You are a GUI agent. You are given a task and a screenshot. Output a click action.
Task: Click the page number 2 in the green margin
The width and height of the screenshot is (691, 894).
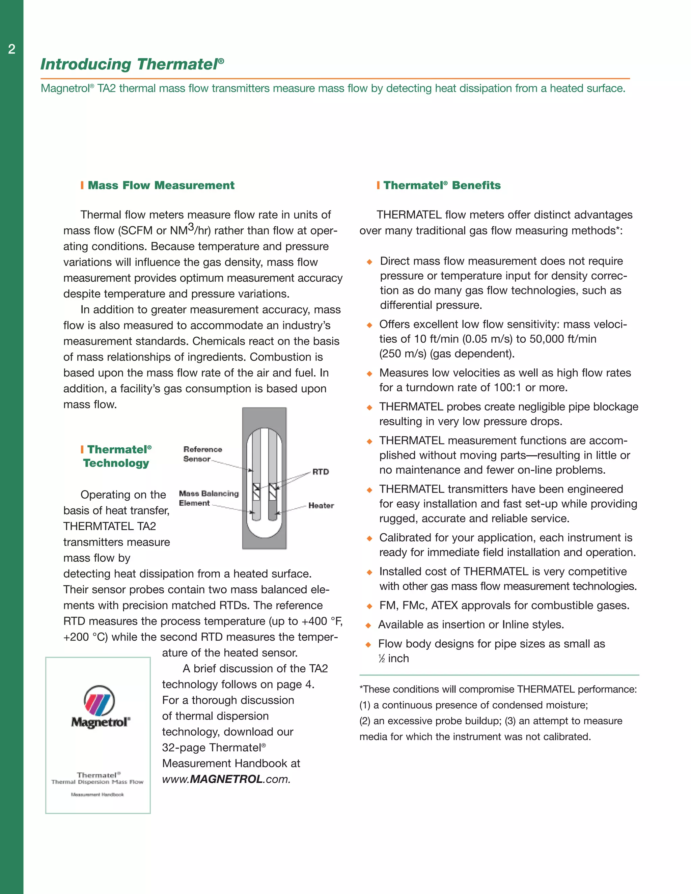[11, 50]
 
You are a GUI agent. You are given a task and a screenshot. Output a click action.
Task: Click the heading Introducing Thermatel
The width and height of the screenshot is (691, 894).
[132, 64]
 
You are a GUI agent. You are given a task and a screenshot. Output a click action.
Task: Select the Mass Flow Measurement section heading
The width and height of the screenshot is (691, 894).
[161, 186]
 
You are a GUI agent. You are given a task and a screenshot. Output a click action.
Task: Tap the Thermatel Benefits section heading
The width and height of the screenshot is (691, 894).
[442, 186]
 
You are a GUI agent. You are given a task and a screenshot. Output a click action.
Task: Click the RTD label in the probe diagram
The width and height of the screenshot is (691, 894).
[321, 472]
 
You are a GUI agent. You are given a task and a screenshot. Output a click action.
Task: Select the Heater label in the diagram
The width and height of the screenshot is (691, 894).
[321, 506]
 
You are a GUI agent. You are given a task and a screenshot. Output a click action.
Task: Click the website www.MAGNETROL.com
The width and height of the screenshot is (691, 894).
[226, 779]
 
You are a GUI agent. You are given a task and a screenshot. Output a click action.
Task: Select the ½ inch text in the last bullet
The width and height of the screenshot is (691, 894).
[393, 658]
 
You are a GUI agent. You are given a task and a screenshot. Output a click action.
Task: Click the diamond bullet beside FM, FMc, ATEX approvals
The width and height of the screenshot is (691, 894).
[369, 606]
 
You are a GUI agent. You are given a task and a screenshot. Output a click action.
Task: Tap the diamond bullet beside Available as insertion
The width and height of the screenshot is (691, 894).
[368, 625]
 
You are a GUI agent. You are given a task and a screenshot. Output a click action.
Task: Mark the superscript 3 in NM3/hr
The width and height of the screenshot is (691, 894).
[190, 227]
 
